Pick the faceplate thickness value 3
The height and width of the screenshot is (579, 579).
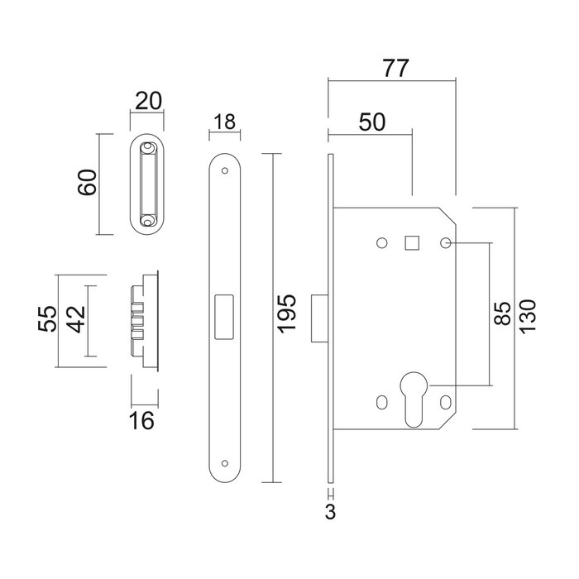[x=330, y=512]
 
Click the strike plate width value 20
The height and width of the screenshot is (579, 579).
[x=147, y=103]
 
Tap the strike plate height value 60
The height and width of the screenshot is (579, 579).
[x=89, y=182]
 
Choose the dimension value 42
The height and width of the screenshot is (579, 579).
[x=75, y=319]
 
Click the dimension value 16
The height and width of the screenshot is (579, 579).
[x=143, y=421]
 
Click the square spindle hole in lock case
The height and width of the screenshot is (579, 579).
[x=411, y=242]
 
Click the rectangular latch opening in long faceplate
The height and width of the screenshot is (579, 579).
[x=223, y=315]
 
